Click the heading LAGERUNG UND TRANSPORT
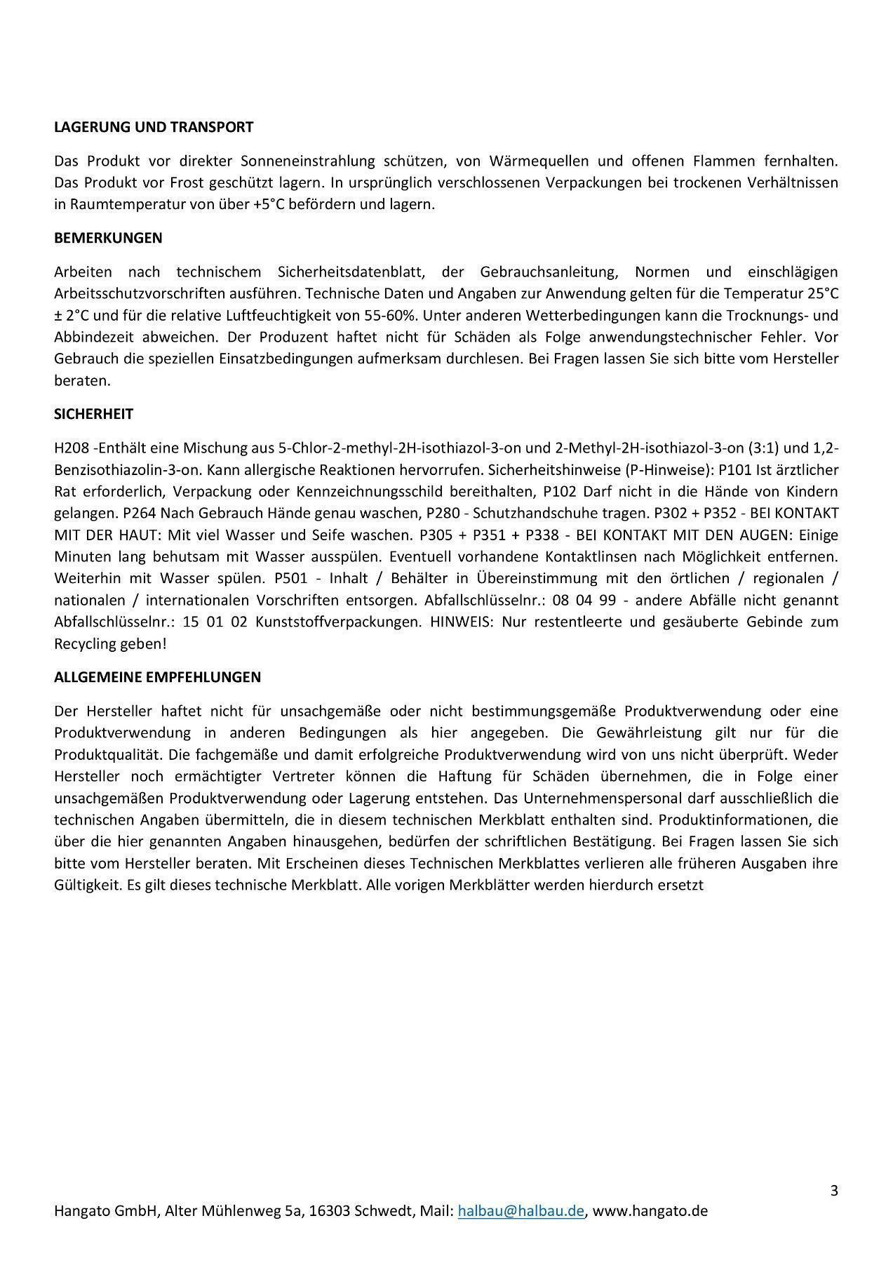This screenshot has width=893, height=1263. (x=154, y=127)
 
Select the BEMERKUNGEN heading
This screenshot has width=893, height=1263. (x=108, y=238)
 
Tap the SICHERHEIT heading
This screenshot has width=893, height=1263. (x=93, y=414)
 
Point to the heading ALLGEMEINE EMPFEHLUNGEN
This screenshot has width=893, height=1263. (x=157, y=677)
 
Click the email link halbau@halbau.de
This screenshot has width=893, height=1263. (x=521, y=1211)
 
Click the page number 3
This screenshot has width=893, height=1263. (x=833, y=1190)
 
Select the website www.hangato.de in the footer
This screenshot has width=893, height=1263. (x=650, y=1211)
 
